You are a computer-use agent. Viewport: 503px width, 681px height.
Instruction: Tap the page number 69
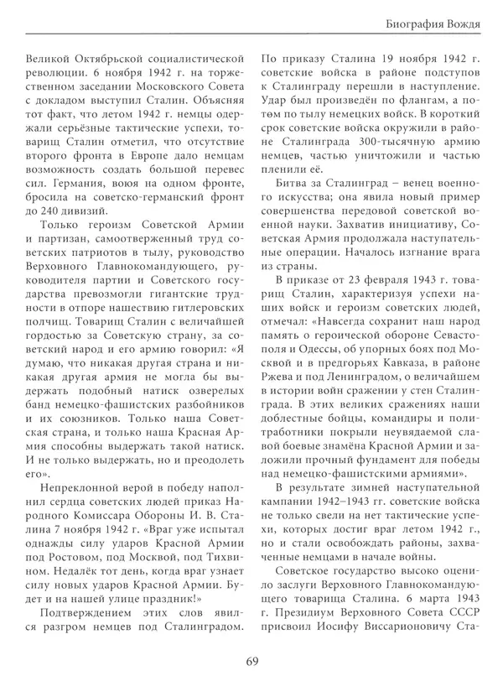[251, 662]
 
